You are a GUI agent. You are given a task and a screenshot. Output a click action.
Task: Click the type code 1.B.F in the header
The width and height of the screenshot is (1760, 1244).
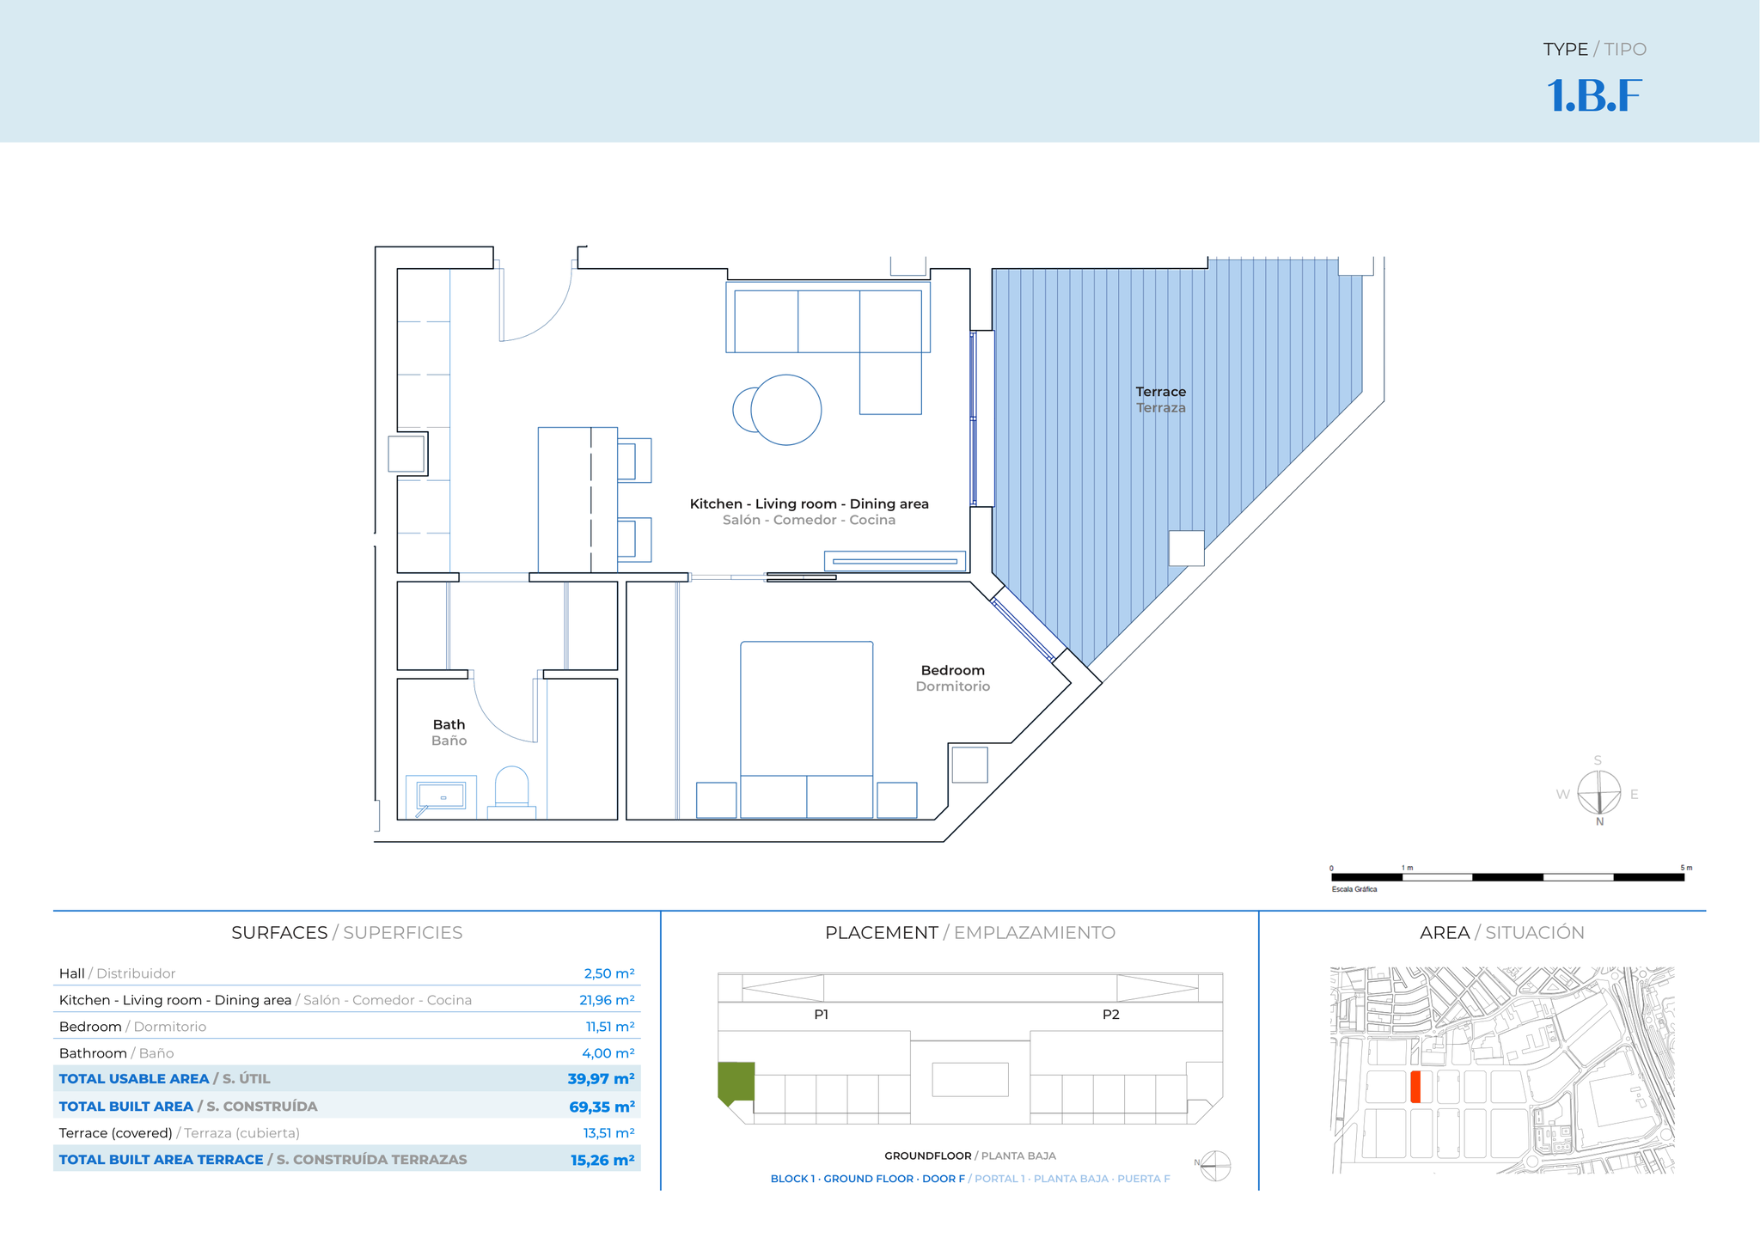click(1594, 95)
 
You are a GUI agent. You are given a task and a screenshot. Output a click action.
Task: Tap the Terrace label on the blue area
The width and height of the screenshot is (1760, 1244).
click(1160, 392)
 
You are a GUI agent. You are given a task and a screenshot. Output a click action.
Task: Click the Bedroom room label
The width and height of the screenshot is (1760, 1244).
click(952, 670)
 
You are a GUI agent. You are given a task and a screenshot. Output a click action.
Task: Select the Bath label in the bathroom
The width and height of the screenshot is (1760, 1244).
click(449, 724)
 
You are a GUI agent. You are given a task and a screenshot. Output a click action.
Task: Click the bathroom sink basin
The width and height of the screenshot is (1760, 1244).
click(442, 796)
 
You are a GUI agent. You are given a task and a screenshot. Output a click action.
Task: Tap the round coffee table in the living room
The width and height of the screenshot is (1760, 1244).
click(785, 410)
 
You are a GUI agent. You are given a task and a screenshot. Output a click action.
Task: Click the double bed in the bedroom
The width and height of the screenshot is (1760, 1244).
click(807, 729)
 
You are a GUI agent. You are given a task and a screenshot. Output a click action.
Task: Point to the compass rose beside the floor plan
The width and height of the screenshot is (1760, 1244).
click(1598, 793)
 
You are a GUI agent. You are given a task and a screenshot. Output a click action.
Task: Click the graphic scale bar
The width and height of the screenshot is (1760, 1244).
click(1507, 877)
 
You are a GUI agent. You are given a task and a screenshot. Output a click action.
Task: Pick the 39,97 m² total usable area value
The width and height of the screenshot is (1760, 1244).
click(601, 1079)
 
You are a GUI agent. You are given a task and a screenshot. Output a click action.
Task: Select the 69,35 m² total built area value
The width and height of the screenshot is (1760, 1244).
click(602, 1107)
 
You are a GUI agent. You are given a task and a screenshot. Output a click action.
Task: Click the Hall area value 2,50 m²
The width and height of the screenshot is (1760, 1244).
click(608, 973)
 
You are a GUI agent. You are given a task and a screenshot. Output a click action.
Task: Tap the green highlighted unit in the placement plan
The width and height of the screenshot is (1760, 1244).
click(736, 1082)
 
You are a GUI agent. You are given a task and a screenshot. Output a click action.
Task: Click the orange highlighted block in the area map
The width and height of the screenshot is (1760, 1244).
click(1415, 1087)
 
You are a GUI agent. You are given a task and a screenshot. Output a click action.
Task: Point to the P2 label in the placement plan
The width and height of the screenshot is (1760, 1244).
click(1110, 1015)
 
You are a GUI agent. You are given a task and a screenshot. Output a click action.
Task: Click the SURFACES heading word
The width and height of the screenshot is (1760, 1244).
click(279, 932)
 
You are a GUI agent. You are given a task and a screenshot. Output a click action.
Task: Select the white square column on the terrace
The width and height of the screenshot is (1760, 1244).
click(1186, 547)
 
